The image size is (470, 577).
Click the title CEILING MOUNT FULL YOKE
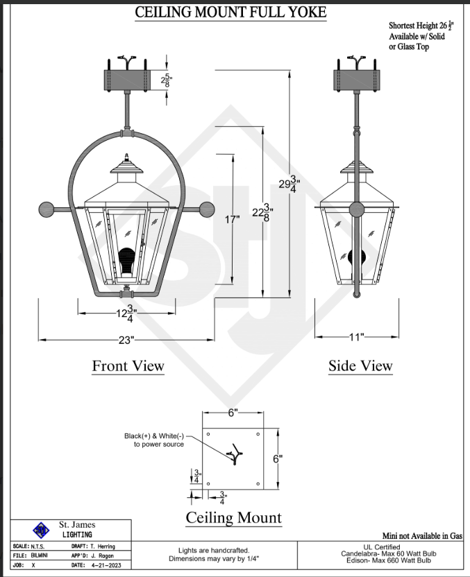click(230, 12)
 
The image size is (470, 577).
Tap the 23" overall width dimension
click(126, 340)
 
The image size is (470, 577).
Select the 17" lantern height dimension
click(232, 220)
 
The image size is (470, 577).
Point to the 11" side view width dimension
click(357, 337)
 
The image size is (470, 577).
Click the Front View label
click(128, 366)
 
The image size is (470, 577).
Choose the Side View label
click(360, 366)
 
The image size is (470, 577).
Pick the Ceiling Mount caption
click(234, 517)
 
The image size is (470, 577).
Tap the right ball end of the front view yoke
click(206, 207)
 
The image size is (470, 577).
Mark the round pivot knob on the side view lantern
click(357, 209)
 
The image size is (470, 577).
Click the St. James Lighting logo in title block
click(42, 531)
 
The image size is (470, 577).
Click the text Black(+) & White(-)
click(154, 436)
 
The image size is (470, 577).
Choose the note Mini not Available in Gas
click(422, 535)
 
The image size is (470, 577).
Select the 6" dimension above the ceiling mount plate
click(233, 413)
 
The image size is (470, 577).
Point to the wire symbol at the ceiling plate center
click(235, 454)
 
